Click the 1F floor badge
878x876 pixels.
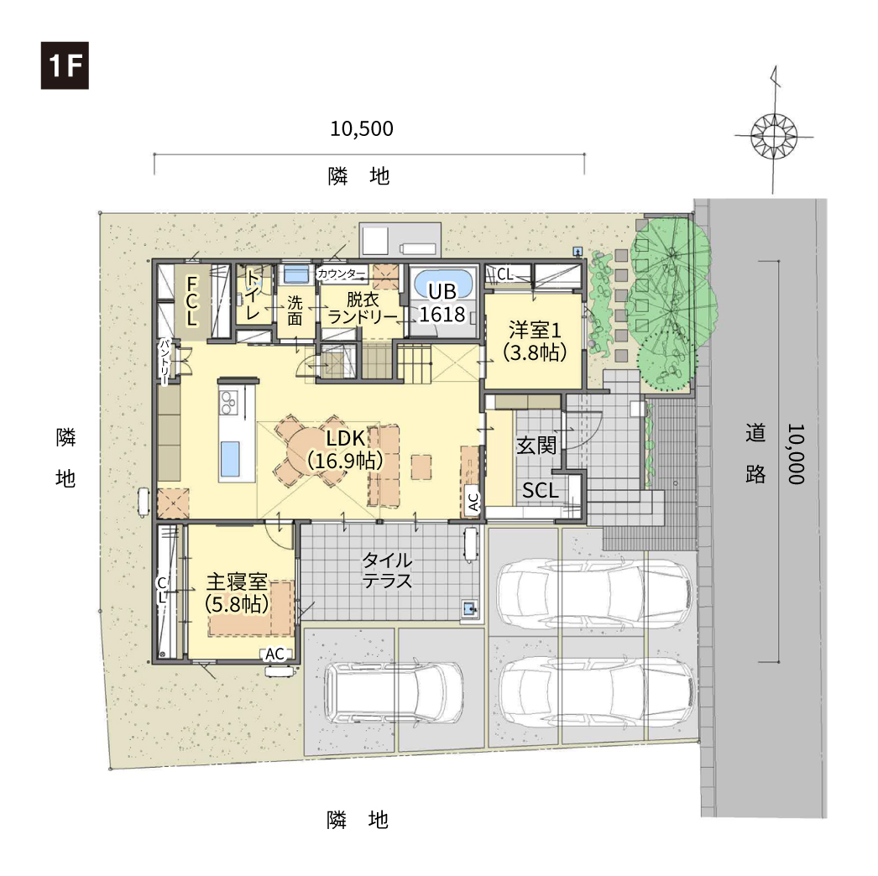click(x=65, y=65)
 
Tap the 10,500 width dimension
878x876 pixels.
click(x=362, y=128)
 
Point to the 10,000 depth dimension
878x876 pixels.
click(x=796, y=453)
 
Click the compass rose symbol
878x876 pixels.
click(x=774, y=135)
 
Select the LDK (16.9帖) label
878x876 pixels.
click(x=346, y=450)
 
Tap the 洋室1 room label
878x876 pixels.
click(x=535, y=330)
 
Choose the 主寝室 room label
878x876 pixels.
click(x=237, y=582)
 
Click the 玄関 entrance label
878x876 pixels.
click(x=536, y=446)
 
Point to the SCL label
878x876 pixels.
click(x=541, y=490)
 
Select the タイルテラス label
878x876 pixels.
click(x=388, y=570)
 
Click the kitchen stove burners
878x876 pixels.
click(x=228, y=401)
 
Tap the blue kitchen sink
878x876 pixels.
click(x=230, y=458)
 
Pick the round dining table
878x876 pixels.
click(x=310, y=451)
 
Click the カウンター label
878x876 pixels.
click(x=341, y=274)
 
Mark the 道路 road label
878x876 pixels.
click(x=755, y=453)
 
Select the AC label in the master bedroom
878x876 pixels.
click(x=274, y=654)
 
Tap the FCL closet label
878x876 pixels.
click(x=191, y=301)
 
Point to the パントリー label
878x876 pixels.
click(x=164, y=362)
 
